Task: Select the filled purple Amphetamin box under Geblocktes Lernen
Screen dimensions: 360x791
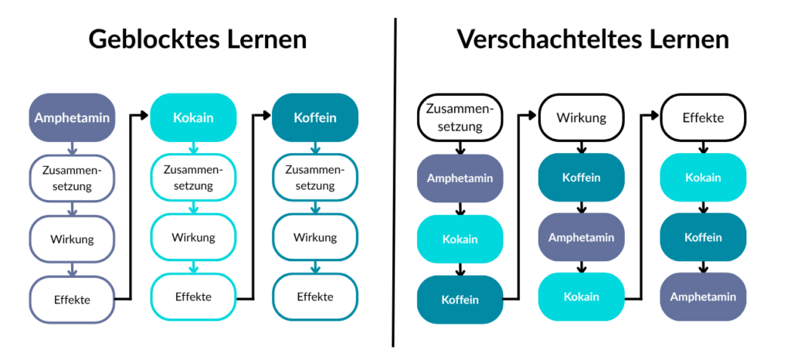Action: coord(72,118)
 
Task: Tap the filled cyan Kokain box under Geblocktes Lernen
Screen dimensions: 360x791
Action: coord(193,118)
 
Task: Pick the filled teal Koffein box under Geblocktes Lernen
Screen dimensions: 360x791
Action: coord(315,118)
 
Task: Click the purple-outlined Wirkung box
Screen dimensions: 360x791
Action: coord(72,239)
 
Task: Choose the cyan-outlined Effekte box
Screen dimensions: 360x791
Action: coord(193,296)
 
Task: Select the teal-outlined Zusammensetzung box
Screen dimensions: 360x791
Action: coord(315,178)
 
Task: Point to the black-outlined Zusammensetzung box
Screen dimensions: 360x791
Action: coord(460,118)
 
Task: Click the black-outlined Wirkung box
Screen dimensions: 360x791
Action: coord(581,118)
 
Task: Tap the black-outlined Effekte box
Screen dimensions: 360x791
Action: coord(703,118)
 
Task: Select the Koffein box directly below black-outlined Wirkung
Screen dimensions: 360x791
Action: coord(581,178)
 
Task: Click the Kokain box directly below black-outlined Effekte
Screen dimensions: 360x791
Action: coord(703,178)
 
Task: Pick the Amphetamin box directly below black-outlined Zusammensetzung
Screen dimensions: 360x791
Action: coord(460,178)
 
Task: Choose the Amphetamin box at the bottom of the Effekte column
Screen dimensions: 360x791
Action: coord(703,297)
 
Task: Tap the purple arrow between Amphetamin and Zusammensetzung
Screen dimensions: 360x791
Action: coord(72,148)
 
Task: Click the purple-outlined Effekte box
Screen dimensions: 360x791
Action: coord(72,298)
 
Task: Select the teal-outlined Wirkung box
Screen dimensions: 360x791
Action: coord(315,237)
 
